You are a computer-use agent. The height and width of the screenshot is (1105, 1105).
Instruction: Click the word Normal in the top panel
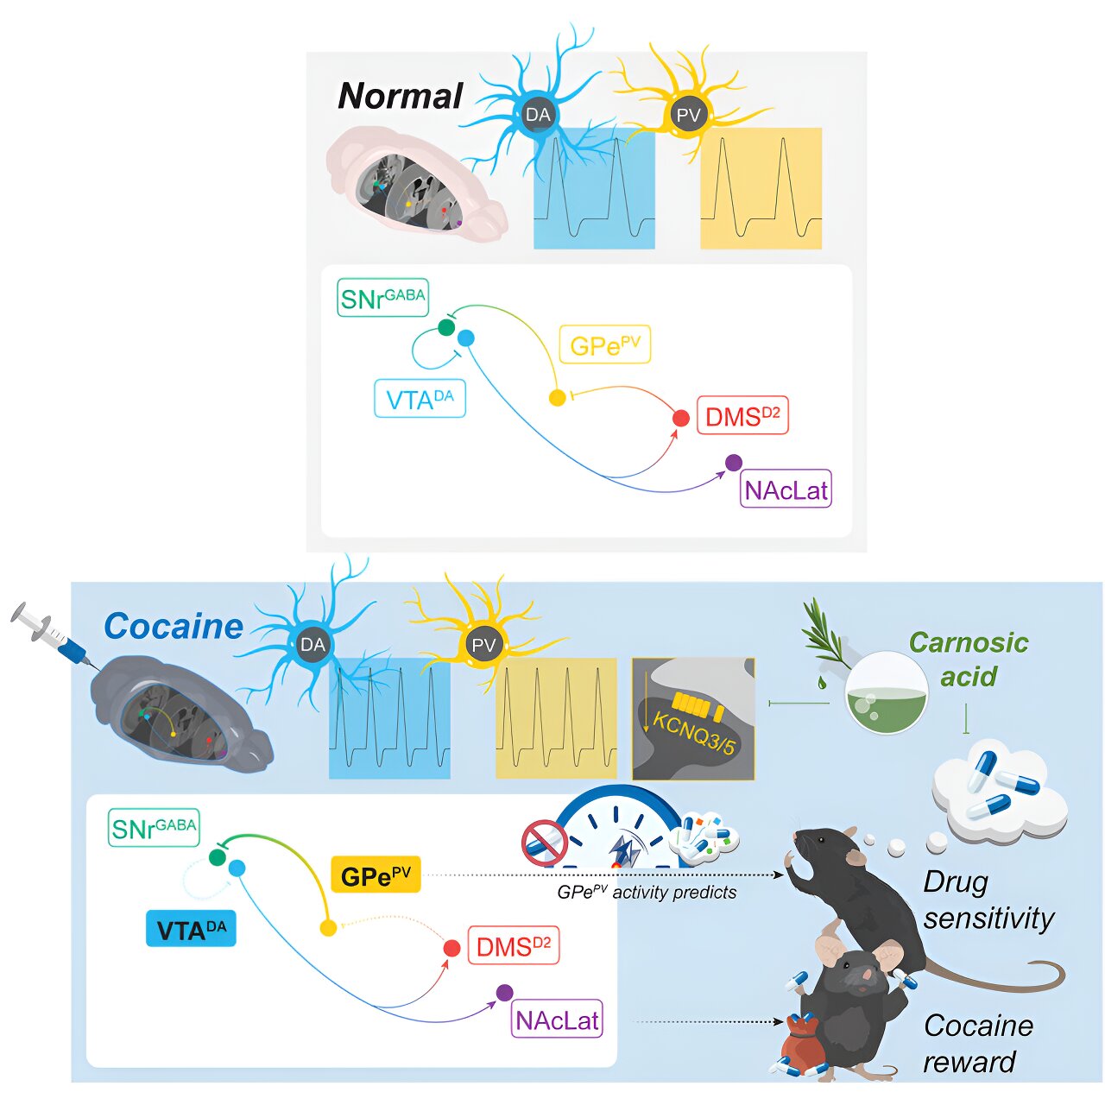(x=401, y=96)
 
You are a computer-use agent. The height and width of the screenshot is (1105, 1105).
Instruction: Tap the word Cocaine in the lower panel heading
(x=174, y=627)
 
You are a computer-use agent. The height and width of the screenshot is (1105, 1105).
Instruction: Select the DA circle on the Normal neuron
(x=538, y=115)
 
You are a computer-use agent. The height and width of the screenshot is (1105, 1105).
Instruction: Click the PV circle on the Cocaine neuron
(x=483, y=645)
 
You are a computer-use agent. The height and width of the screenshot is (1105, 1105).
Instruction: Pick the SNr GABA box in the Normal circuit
(x=382, y=299)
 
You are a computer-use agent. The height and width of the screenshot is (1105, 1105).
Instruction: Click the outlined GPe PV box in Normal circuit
(x=605, y=345)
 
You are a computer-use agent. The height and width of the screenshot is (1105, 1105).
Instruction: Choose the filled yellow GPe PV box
(x=376, y=875)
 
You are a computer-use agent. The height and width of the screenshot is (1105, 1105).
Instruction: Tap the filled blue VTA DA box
(x=191, y=930)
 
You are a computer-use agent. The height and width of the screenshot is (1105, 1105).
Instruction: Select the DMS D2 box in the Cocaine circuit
(x=513, y=946)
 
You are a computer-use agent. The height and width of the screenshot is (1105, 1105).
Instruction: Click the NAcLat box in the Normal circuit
(x=786, y=490)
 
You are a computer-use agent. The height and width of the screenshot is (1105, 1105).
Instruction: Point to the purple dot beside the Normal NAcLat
(x=734, y=463)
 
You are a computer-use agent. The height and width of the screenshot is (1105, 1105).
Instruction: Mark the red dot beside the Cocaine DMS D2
(x=451, y=948)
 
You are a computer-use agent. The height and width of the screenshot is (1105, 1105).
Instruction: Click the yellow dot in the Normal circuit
(x=558, y=398)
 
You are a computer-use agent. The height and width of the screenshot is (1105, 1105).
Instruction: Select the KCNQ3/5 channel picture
(x=693, y=719)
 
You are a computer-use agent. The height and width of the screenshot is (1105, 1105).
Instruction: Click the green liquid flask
(x=887, y=693)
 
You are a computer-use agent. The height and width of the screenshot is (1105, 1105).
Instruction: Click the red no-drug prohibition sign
(x=544, y=843)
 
